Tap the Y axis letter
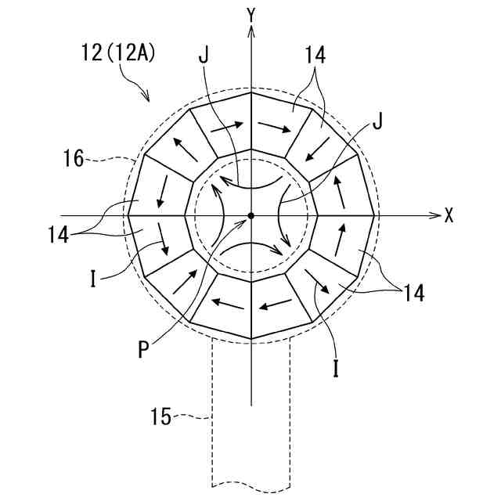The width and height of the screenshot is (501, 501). point(251,13)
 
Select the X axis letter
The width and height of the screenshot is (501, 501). point(449,216)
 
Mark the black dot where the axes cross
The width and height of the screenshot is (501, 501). point(250,215)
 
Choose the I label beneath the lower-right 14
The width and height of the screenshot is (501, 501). point(336,369)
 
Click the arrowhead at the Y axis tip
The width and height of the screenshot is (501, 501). point(250,31)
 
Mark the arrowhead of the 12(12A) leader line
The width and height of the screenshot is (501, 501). point(146,98)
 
